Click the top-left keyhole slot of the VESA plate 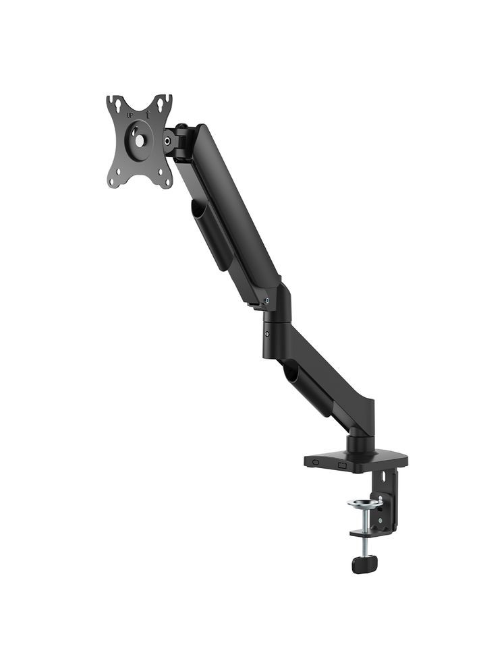[118, 105]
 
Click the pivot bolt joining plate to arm [167, 142]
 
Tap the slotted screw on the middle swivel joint [268, 333]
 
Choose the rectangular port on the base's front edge [342, 465]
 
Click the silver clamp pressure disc [363, 503]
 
